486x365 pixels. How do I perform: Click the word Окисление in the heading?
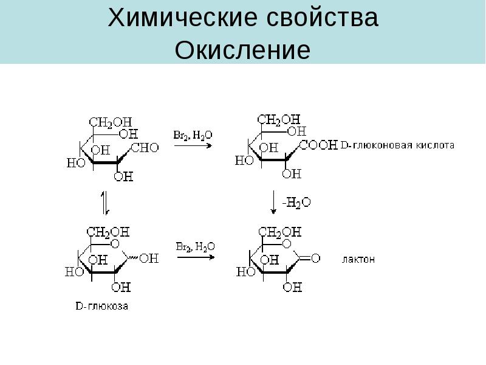click(242, 50)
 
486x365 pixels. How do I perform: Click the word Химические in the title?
click(182, 18)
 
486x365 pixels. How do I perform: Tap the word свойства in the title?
click(323, 18)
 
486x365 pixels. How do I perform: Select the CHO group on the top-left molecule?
click(145, 147)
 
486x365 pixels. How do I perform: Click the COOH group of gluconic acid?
click(318, 145)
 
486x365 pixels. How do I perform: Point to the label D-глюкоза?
click(101, 306)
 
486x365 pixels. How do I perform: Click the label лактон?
click(358, 259)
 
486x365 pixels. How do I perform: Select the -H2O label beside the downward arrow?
click(296, 203)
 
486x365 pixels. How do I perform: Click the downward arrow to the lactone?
click(273, 202)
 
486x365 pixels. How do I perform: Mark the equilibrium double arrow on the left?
click(105, 203)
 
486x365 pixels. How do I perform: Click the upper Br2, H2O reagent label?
click(193, 135)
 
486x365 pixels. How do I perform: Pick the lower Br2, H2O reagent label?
click(195, 246)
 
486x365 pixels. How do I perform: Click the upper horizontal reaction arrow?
click(193, 145)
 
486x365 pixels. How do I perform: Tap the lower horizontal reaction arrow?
click(196, 257)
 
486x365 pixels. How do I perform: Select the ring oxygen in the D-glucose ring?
click(115, 244)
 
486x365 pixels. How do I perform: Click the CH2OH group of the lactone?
click(279, 232)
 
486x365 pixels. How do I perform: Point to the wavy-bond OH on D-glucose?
click(149, 258)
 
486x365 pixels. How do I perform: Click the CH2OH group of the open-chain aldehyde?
click(111, 122)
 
